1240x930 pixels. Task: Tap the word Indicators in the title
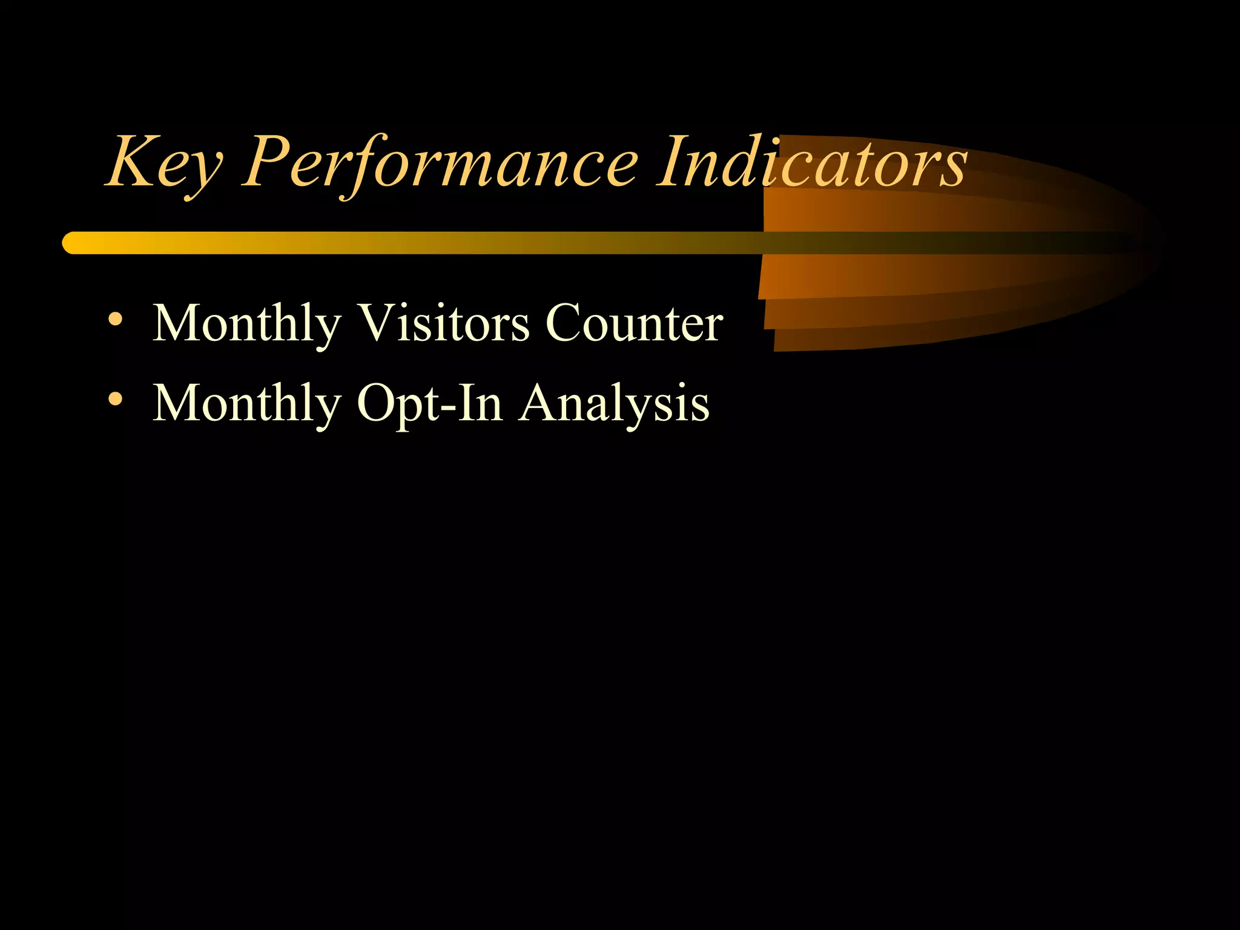(x=812, y=162)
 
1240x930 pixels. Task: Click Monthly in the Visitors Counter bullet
(x=246, y=325)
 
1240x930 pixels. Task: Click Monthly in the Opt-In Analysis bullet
(x=246, y=404)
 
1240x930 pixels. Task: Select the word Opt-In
(x=429, y=404)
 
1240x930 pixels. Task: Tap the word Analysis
(x=615, y=404)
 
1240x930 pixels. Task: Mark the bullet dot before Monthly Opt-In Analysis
(x=115, y=399)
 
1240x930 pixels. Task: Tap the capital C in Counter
(x=566, y=323)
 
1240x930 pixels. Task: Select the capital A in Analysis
(x=540, y=402)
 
